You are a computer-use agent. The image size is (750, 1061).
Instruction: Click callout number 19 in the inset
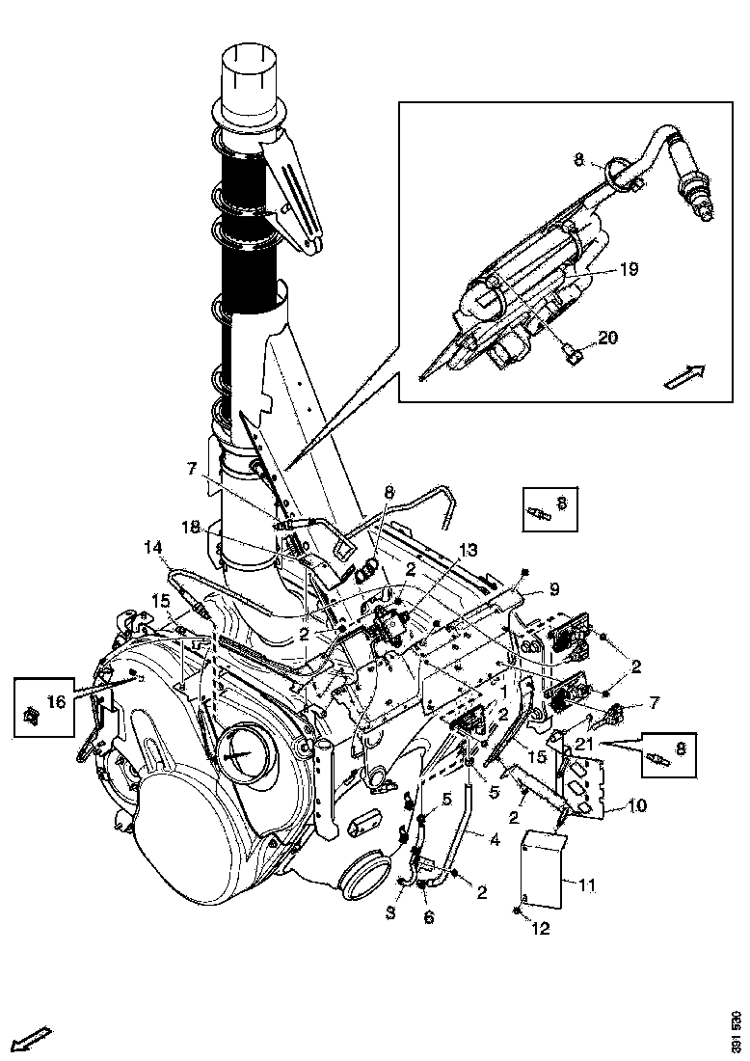pos(629,271)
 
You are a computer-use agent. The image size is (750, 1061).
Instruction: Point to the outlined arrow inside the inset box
pos(685,375)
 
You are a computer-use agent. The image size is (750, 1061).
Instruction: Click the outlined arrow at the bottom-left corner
pos(31,1040)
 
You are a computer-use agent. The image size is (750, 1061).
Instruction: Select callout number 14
pos(153,548)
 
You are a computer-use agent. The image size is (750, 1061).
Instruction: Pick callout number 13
pos(468,550)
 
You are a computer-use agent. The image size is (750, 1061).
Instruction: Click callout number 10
pos(638,803)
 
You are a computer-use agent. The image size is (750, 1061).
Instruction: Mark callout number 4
pos(494,840)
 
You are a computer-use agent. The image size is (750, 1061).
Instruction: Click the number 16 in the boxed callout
pos(56,701)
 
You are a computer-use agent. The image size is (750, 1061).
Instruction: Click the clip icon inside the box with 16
pos(29,715)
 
